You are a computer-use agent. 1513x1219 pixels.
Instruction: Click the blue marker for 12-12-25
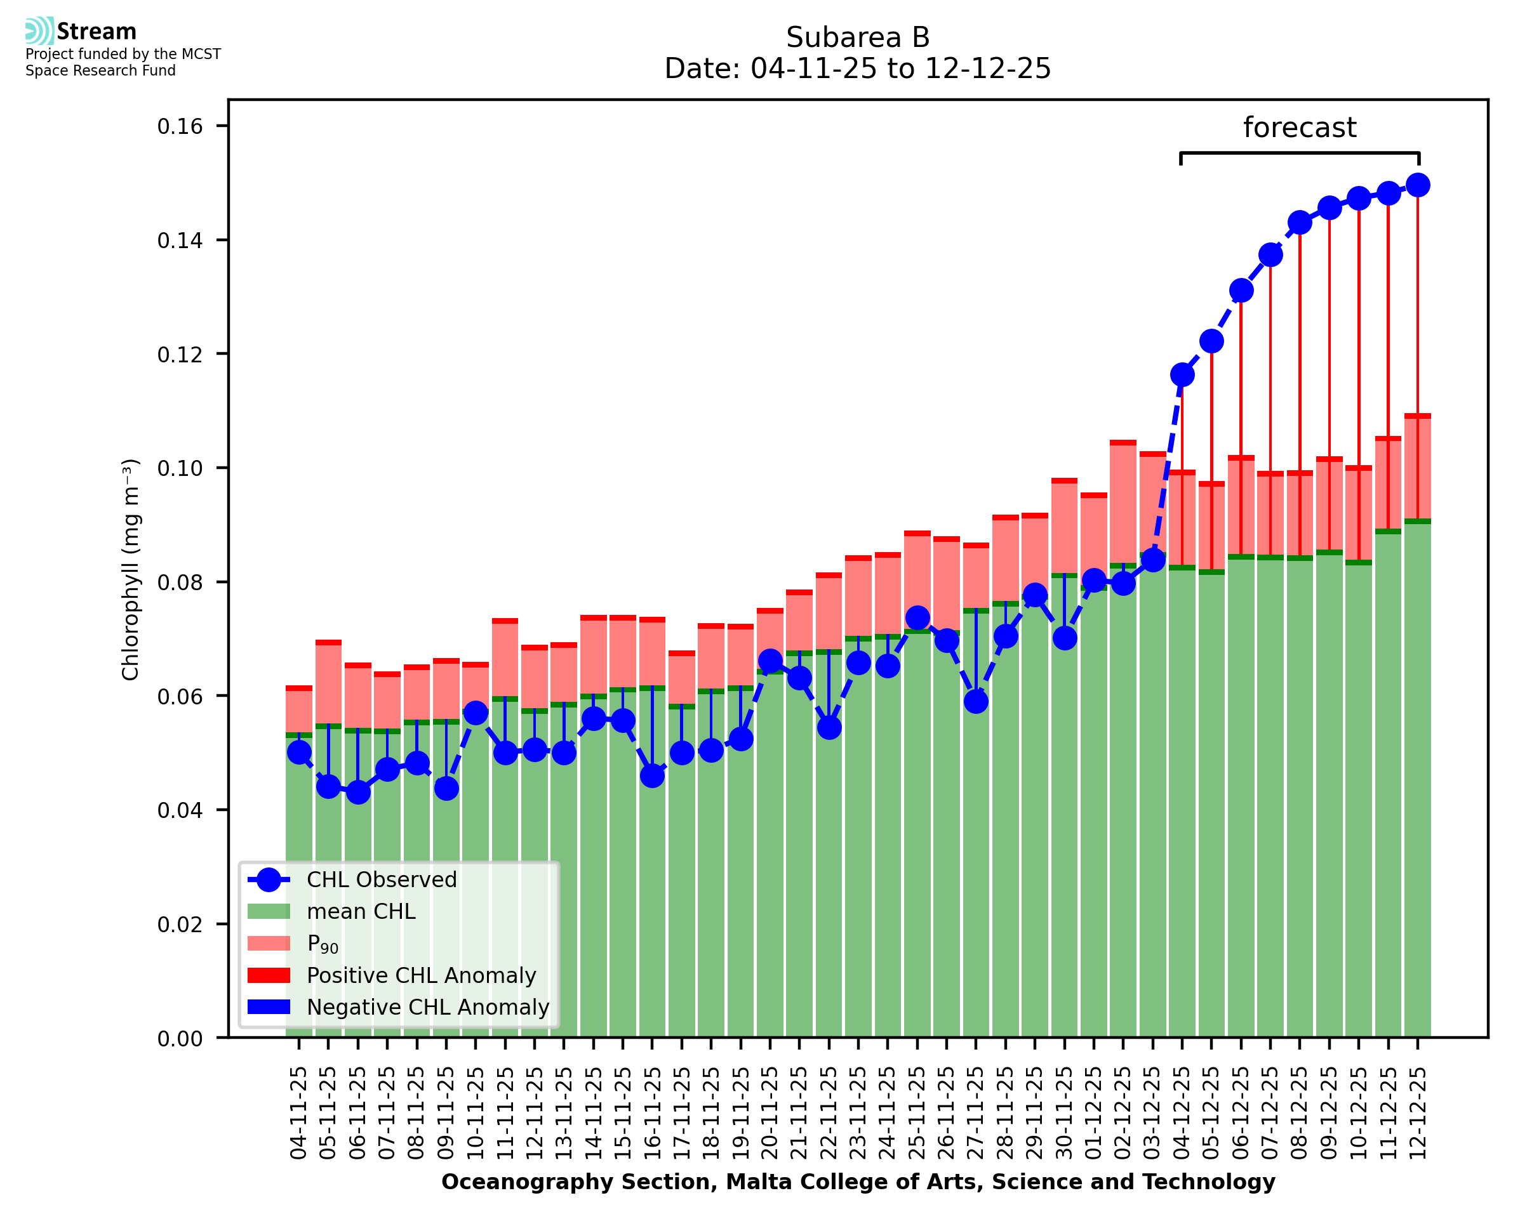click(1418, 185)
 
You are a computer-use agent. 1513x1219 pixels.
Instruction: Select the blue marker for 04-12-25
click(1182, 375)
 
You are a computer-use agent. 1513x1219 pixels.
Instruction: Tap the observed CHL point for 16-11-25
click(652, 776)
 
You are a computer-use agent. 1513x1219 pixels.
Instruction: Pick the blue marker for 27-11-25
click(976, 701)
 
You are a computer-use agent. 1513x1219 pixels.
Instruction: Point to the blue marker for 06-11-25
click(357, 793)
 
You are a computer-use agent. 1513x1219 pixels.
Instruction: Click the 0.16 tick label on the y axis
click(180, 126)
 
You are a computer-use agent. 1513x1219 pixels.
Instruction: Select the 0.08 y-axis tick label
click(180, 582)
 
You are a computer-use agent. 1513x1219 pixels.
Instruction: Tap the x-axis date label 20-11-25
click(770, 1114)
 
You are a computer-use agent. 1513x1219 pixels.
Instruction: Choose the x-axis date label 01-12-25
click(1094, 1114)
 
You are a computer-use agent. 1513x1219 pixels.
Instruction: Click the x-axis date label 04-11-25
click(299, 1114)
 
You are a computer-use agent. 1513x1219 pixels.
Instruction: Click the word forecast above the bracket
click(1300, 128)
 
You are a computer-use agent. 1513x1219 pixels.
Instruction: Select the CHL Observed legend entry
click(382, 880)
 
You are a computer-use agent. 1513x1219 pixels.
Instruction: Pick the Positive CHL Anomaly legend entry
click(421, 975)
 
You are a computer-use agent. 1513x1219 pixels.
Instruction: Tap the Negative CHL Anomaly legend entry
click(427, 1007)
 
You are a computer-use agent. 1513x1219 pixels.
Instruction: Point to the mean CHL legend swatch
click(269, 911)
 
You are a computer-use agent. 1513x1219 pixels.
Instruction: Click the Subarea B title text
click(858, 37)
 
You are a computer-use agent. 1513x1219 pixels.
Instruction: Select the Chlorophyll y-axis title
click(131, 569)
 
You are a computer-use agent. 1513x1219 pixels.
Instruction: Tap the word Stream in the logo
click(97, 32)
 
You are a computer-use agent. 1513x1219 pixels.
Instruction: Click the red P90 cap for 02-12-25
click(1123, 443)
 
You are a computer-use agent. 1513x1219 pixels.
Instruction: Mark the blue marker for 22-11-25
click(829, 727)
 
